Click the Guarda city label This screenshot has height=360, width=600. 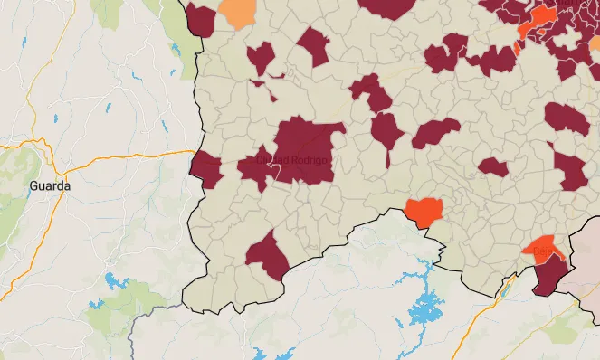click(50, 185)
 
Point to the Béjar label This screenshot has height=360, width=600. click(544, 248)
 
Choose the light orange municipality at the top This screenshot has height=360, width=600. click(238, 13)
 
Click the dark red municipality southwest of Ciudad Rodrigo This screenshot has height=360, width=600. click(267, 254)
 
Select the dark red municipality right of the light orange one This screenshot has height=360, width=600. click(313, 46)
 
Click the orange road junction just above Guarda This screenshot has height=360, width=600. click(40, 141)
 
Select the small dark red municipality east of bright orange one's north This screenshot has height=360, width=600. click(493, 167)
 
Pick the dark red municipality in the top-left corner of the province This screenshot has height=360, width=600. click(200, 19)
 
